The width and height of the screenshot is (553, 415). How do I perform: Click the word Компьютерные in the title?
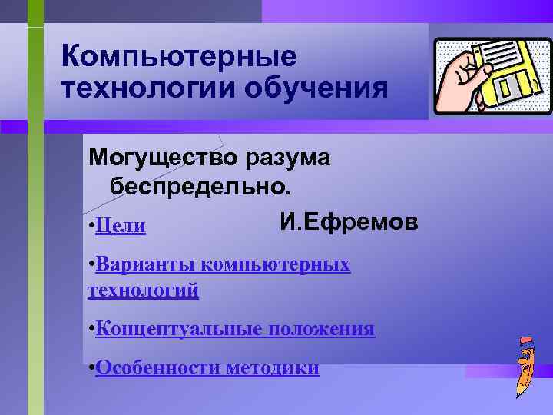pos(178,56)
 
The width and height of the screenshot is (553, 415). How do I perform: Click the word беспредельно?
pos(200,186)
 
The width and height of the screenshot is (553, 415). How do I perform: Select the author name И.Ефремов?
pos(349,222)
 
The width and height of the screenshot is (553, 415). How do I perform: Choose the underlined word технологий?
pos(143,290)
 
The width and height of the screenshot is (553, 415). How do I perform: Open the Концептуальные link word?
pos(180,330)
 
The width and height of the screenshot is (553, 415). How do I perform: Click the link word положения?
pos(322,330)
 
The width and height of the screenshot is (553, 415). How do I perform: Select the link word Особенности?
pos(158,369)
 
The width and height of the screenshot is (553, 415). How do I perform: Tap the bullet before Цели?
pos(91,225)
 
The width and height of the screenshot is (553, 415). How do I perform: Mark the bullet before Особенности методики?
pos(91,368)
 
